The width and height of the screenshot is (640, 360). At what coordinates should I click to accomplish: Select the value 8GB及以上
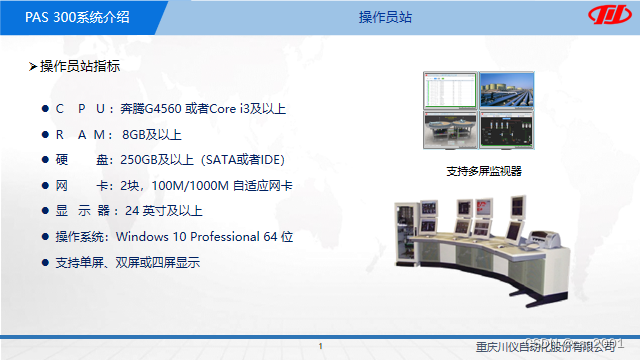tap(152, 134)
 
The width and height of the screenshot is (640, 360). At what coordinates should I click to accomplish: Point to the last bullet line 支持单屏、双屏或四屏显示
tap(128, 262)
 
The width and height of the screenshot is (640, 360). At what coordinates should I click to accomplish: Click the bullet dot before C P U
tap(44, 109)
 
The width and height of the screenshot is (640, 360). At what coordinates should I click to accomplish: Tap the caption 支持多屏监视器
tap(484, 171)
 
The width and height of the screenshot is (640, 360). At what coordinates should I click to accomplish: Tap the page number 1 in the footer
tap(320, 346)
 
